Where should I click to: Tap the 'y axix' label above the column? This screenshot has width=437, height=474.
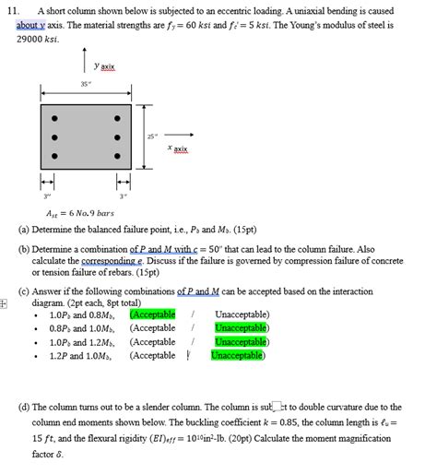click(x=111, y=67)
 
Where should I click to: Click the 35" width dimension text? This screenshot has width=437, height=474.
click(x=85, y=84)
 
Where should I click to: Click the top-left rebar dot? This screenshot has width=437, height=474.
click(x=54, y=119)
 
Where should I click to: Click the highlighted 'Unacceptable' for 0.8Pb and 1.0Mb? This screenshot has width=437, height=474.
click(x=241, y=327)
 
